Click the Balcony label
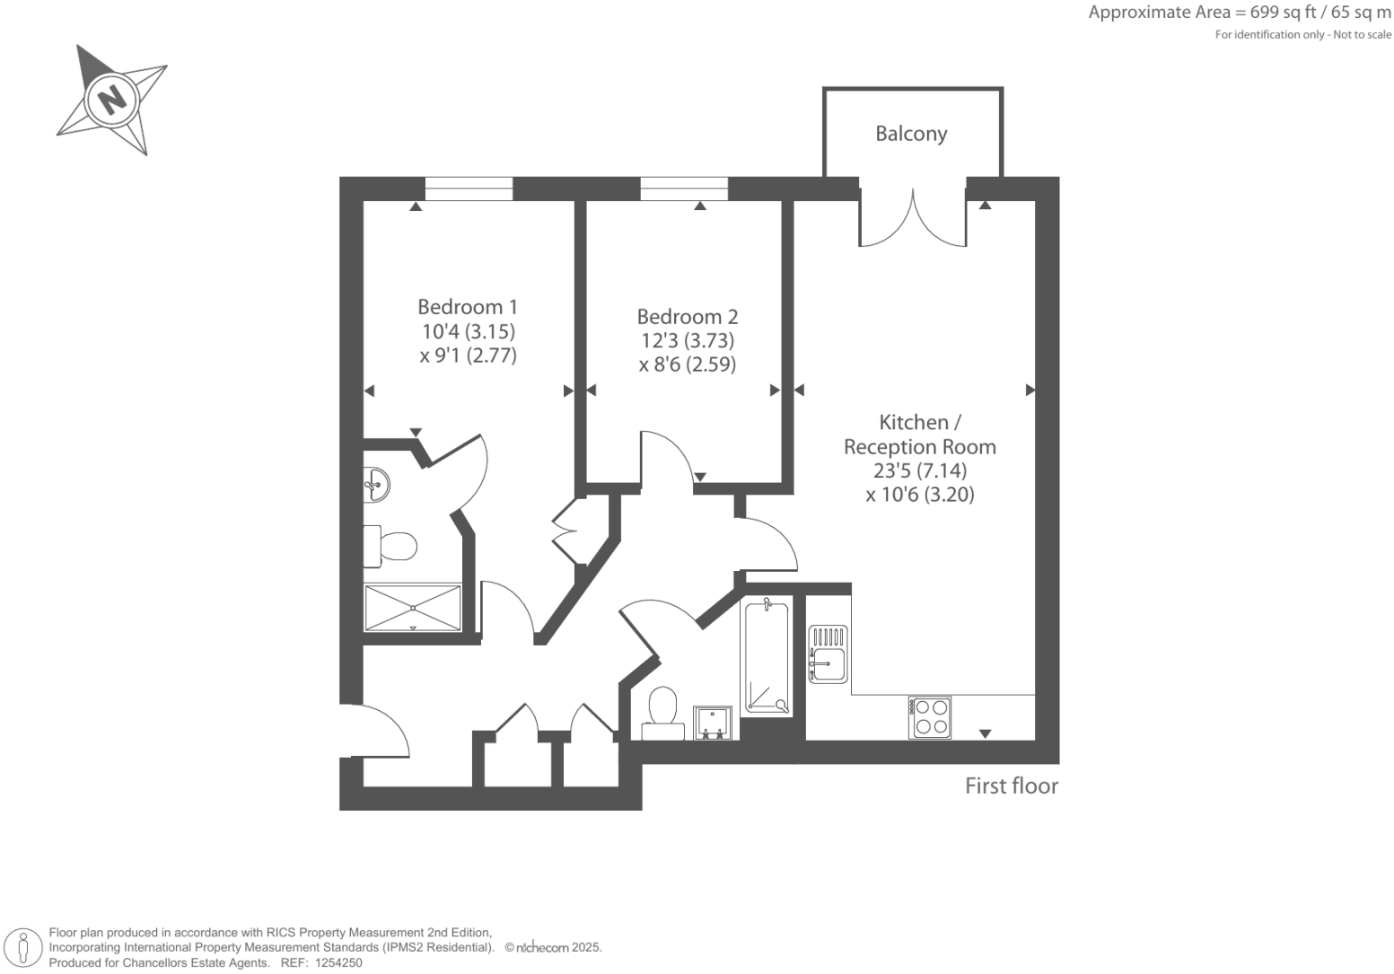click(x=911, y=134)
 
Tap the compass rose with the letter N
click(x=112, y=98)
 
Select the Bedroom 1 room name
click(x=468, y=306)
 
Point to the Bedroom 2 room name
click(x=687, y=317)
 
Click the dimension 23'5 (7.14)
click(x=919, y=470)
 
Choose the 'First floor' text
click(x=1011, y=786)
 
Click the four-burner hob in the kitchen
click(x=929, y=717)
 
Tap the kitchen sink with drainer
click(x=828, y=654)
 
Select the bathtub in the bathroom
click(x=767, y=658)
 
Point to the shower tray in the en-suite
click(x=413, y=608)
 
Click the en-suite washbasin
click(x=376, y=486)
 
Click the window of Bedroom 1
click(x=468, y=189)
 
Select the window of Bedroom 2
click(x=684, y=189)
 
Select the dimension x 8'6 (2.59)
click(x=687, y=364)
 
